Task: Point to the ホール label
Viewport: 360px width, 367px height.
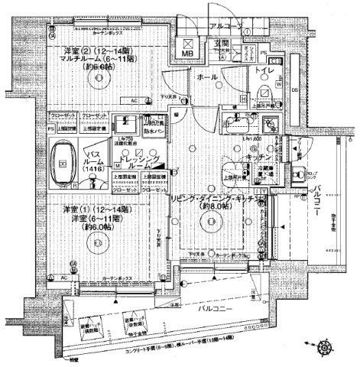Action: [206, 78]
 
